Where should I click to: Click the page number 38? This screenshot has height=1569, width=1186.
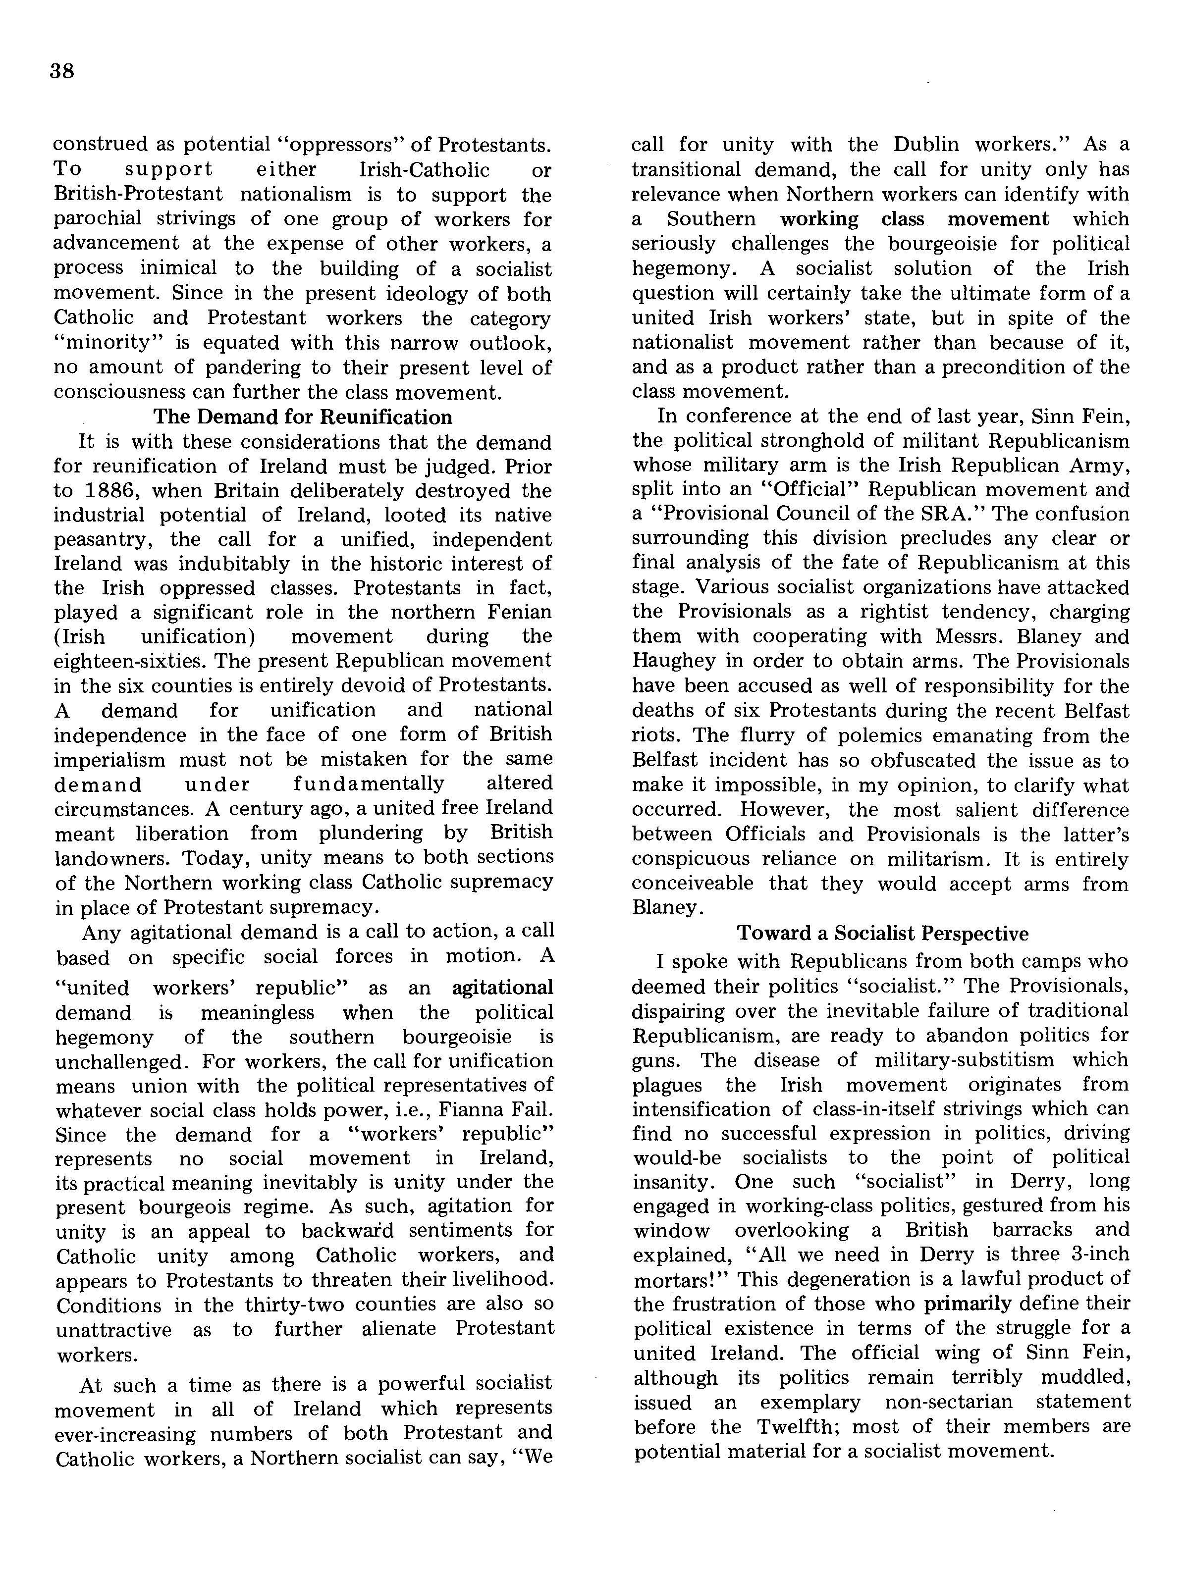pyautogui.click(x=62, y=72)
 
